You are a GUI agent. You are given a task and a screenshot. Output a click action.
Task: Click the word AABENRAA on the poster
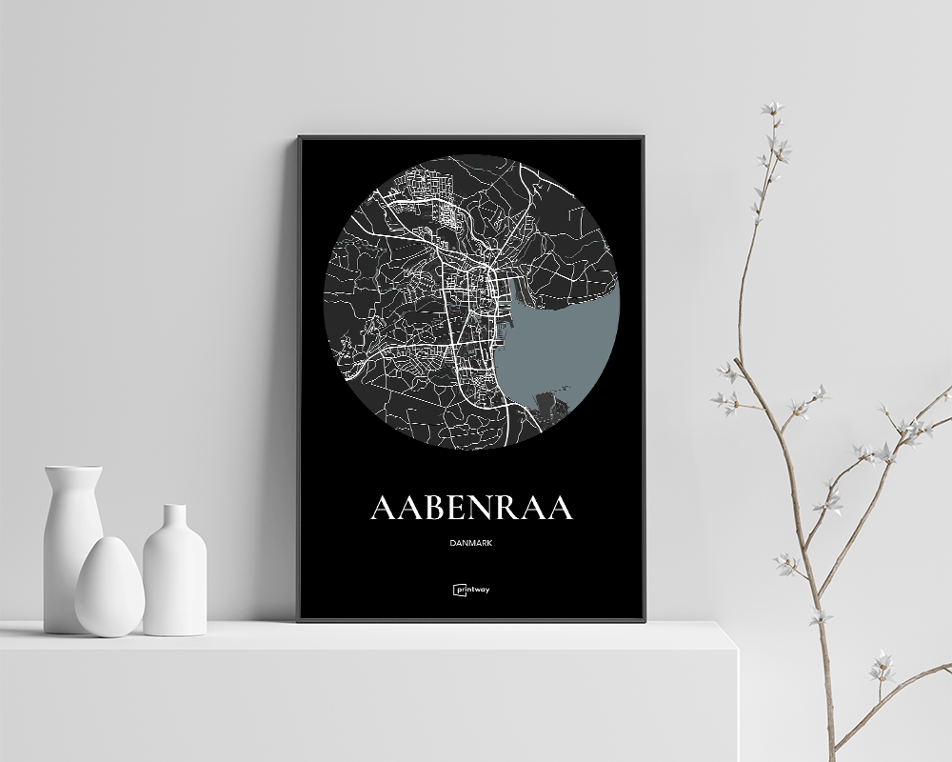(471, 508)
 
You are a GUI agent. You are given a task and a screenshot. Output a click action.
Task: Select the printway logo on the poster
(471, 590)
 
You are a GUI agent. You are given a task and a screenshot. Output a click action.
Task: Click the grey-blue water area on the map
(562, 352)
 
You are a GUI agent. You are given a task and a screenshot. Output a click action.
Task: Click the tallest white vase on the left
(72, 548)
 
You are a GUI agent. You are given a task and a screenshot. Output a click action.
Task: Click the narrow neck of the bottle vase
(174, 519)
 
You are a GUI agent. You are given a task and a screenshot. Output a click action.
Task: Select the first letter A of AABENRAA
(383, 508)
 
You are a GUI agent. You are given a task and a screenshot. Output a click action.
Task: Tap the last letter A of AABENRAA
(560, 508)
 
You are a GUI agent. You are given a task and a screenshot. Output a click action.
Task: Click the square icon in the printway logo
(458, 590)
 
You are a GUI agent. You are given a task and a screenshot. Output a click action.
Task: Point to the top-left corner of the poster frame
(299, 138)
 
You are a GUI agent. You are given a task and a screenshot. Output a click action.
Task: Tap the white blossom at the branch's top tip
(772, 110)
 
